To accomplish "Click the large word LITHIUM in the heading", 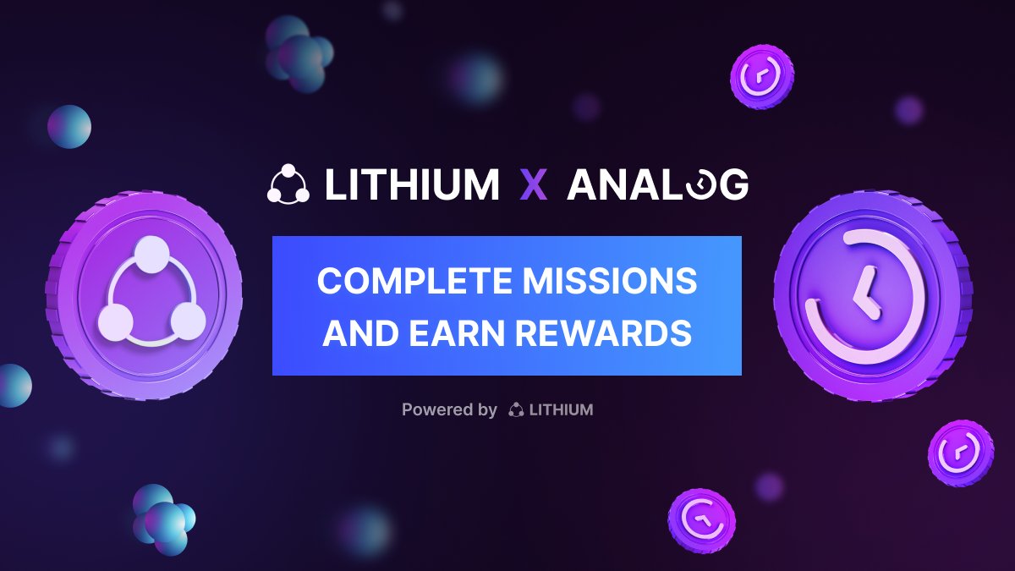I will tap(412, 185).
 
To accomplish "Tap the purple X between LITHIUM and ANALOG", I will tap(534, 185).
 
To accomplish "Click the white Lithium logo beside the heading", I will tap(288, 185).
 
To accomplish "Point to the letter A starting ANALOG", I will tap(583, 185).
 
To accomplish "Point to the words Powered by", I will tap(449, 410).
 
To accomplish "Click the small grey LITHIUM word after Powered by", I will tap(561, 410).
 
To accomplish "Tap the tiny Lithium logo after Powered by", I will tap(516, 410).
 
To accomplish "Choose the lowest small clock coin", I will tap(701, 520).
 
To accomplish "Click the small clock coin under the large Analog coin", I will tap(960, 453).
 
